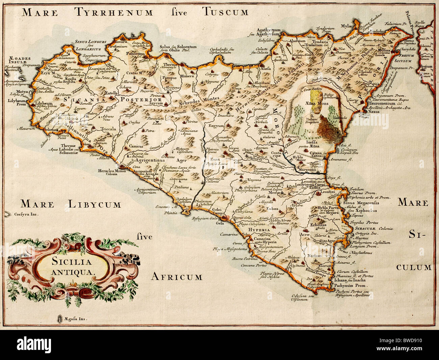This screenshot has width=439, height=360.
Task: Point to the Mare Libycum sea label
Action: coord(70,204)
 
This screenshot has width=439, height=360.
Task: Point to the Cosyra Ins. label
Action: coord(27,214)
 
